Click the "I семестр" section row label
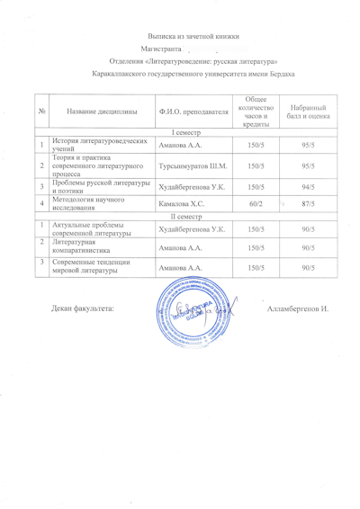coord(187,132)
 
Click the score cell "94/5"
coord(308,187)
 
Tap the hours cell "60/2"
coord(256,206)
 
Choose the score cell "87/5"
coord(308,206)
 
